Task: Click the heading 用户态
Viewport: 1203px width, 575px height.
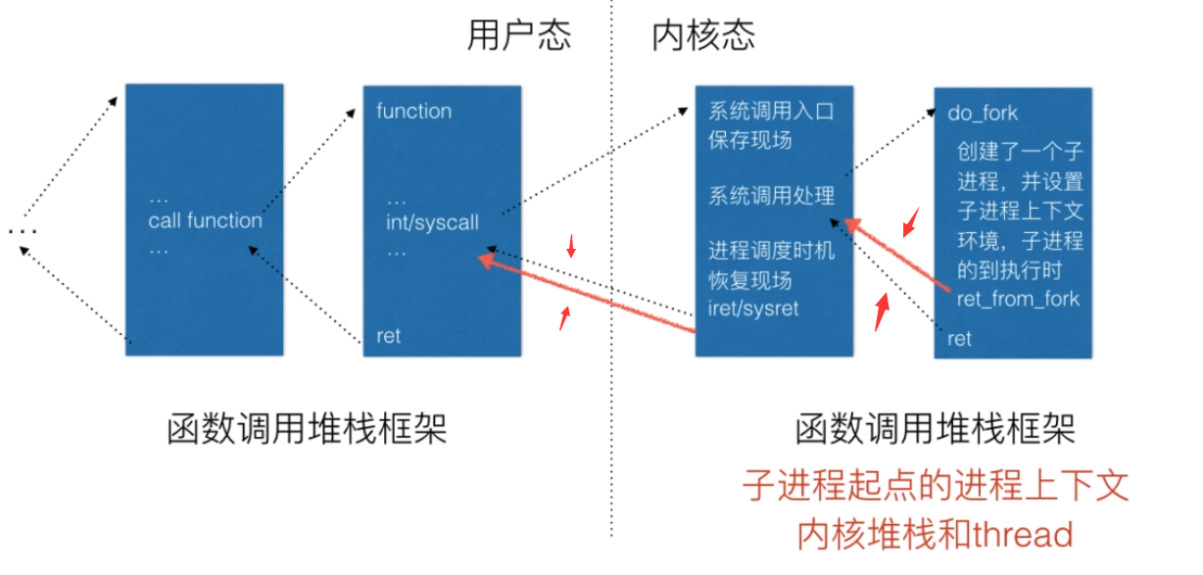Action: tap(518, 36)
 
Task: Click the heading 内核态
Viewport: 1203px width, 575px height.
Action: tap(703, 36)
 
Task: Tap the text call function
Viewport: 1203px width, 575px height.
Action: tap(206, 220)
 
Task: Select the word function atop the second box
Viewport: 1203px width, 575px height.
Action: tap(413, 111)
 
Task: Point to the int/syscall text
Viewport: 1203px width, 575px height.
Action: tap(432, 222)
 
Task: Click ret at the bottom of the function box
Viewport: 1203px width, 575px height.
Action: tap(388, 336)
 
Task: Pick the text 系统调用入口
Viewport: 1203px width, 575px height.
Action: tap(771, 111)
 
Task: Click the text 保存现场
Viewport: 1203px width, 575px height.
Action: tap(749, 139)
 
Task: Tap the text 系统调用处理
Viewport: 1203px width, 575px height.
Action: tap(771, 195)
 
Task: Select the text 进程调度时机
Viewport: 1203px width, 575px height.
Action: tap(771, 251)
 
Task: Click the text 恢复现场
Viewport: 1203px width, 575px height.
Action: tap(749, 279)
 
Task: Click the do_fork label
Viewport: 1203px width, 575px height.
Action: tap(983, 113)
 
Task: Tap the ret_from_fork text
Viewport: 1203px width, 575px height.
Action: tap(1017, 298)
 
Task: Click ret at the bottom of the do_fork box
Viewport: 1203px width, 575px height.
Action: tap(959, 339)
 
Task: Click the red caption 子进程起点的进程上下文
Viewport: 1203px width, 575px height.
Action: tap(935, 486)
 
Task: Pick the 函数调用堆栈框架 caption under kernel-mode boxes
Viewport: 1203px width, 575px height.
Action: tap(935, 428)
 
